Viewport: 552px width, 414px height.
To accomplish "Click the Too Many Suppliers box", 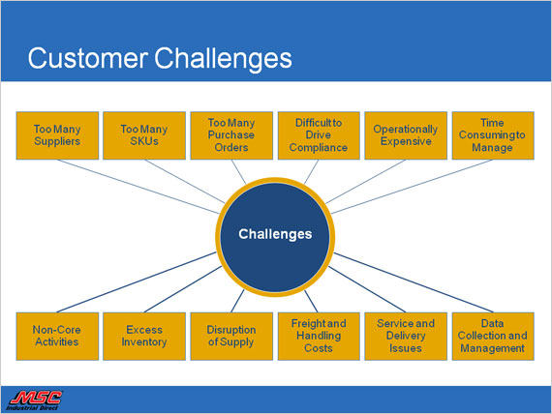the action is pyautogui.click(x=57, y=135).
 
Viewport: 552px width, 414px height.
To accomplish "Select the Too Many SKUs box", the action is pyautogui.click(x=144, y=135).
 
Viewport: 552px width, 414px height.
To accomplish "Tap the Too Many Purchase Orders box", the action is pyautogui.click(x=231, y=135).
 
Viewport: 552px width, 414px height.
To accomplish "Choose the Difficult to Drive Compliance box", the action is pyautogui.click(x=319, y=135).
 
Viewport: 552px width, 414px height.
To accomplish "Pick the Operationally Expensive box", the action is pyautogui.click(x=406, y=135).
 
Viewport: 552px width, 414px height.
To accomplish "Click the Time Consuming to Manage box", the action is pyautogui.click(x=493, y=135).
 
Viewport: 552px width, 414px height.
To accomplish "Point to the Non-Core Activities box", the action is pyautogui.click(x=57, y=337).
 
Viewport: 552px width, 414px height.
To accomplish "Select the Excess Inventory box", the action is pyautogui.click(x=144, y=337).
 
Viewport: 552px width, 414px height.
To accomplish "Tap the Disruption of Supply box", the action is pyautogui.click(x=231, y=337).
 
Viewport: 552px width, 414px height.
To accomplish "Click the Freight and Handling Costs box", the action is pyautogui.click(x=319, y=337).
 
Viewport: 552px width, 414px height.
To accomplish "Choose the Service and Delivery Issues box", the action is pyautogui.click(x=406, y=337).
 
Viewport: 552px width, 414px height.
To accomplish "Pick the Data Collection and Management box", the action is pyautogui.click(x=493, y=337).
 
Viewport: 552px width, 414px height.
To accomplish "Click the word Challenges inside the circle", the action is pyautogui.click(x=275, y=234).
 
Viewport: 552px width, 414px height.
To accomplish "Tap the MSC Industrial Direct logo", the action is pyautogui.click(x=34, y=400).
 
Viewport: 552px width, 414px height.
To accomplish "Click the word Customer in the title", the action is pyautogui.click(x=88, y=58).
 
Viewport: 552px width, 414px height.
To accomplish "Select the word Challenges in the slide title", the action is pyautogui.click(x=223, y=59).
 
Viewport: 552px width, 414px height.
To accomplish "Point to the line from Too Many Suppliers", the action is pyautogui.click(x=138, y=187).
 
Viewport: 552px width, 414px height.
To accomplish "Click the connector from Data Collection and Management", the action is pyautogui.click(x=414, y=282).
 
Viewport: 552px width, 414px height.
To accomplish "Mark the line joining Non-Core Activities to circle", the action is pyautogui.click(x=137, y=282).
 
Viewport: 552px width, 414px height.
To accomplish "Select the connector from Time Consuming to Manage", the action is pyautogui.click(x=412, y=187).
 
